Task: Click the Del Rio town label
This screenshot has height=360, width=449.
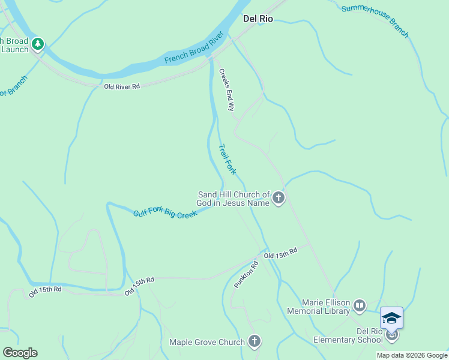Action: tap(258, 19)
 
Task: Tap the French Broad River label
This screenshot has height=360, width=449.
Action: tap(193, 52)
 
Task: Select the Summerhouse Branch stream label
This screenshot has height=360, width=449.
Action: tap(375, 21)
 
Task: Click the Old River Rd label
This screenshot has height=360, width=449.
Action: tap(122, 86)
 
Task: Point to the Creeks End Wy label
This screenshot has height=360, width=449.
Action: tap(226, 90)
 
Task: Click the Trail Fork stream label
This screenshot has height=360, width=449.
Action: tap(227, 159)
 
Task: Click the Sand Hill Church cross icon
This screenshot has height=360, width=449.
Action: tap(278, 198)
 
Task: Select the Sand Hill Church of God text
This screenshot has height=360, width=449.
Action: tap(234, 199)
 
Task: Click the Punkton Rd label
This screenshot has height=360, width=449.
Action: tap(246, 275)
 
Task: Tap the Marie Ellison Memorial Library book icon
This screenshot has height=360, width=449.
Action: tap(360, 306)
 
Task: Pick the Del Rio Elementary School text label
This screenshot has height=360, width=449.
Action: tap(348, 335)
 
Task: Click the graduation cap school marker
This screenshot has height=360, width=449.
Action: tap(391, 318)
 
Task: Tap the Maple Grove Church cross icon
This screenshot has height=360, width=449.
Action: tap(255, 342)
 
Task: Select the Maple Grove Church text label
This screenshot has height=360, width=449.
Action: tap(207, 343)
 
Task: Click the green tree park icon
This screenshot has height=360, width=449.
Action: tap(38, 44)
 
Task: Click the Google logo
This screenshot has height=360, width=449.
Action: tap(20, 353)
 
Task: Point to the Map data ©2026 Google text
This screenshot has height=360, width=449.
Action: tap(411, 355)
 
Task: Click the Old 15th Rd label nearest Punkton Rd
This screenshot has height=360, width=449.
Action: tap(280, 253)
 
